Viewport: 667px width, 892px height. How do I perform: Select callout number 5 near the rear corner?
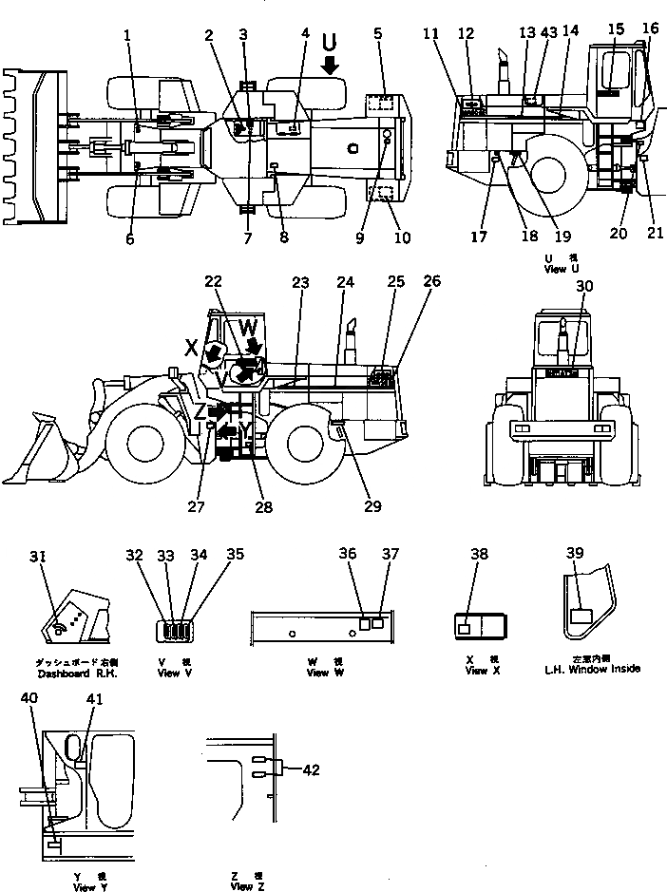377,34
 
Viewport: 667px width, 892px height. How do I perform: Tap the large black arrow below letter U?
330,65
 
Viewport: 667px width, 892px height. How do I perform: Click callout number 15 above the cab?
616,29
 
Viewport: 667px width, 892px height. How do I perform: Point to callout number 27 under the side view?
196,506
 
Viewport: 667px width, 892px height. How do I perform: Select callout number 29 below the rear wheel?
373,506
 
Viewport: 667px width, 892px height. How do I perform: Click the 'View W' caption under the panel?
318,674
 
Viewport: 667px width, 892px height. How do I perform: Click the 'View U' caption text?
555,269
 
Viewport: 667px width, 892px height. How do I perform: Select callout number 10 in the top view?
402,237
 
